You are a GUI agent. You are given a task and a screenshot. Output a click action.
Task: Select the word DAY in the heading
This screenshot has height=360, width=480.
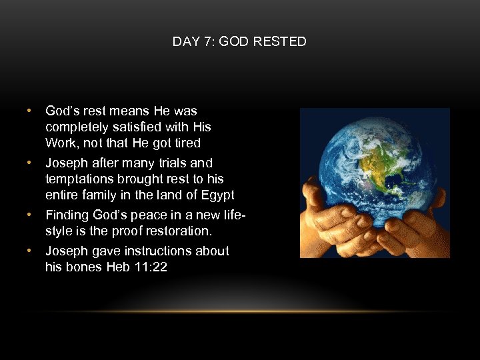click(x=184, y=42)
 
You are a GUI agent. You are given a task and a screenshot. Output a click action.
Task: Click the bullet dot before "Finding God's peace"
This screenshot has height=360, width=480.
click(x=29, y=215)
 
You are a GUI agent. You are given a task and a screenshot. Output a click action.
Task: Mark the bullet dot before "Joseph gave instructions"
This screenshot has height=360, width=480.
click(x=29, y=251)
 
